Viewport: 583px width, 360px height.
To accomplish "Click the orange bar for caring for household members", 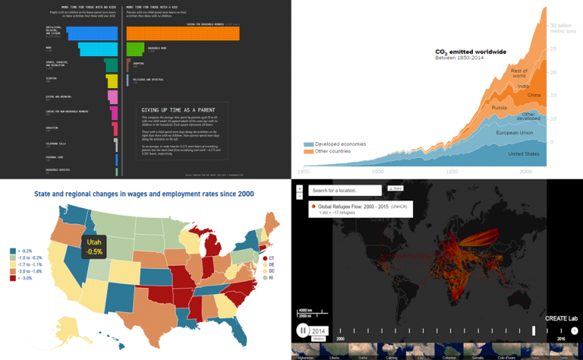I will (x=182, y=33).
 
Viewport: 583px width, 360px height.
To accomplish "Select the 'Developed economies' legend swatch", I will (x=308, y=143).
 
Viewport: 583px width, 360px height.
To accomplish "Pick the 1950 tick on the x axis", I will (x=452, y=172).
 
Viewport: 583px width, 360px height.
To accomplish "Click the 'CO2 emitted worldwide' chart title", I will (x=471, y=52).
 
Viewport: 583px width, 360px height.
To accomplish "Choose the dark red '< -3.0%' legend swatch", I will (x=13, y=279).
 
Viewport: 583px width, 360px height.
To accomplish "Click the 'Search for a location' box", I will (x=345, y=190).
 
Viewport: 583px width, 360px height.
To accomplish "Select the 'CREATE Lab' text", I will (x=561, y=317).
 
